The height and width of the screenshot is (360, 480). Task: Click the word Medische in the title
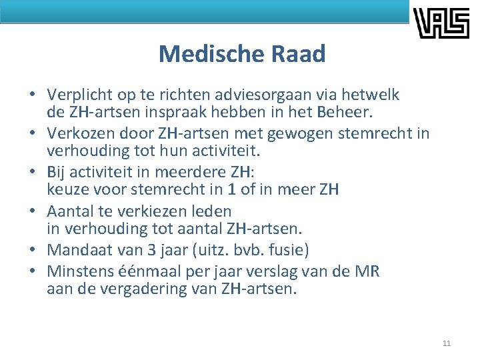pos(203,53)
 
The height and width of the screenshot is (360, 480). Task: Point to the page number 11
pos(446,343)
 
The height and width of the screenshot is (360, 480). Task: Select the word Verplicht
pos(77,95)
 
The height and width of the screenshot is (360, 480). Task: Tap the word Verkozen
pos(77,133)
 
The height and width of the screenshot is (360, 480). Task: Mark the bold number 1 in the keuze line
pos(231,190)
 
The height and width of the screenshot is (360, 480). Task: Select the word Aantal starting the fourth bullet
pos(69,211)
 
